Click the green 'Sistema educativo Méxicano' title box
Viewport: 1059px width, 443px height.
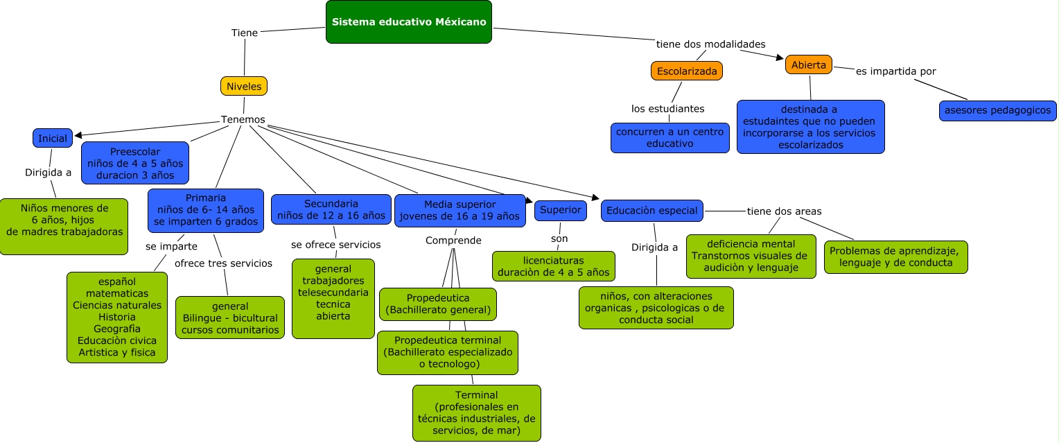pyautogui.click(x=409, y=22)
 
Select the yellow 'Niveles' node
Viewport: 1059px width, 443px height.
pyautogui.click(x=244, y=86)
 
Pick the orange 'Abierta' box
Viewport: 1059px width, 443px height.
pyautogui.click(x=808, y=65)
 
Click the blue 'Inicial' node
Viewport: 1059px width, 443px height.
pyautogui.click(x=53, y=138)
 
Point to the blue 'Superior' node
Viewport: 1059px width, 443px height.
pyautogui.click(x=561, y=210)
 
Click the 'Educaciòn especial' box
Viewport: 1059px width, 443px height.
pyautogui.click(x=651, y=210)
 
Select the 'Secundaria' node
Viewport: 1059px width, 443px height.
pyautogui.click(x=331, y=209)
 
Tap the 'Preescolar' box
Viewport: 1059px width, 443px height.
pyautogui.click(x=135, y=163)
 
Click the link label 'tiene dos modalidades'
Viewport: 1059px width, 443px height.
pyautogui.click(x=710, y=44)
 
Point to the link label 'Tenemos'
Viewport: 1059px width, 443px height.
pyautogui.click(x=243, y=119)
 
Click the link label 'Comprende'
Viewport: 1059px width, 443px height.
pyautogui.click(x=453, y=241)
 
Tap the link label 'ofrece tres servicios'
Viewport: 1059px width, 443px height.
pyautogui.click(x=223, y=263)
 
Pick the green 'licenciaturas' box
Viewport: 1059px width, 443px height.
pyautogui.click(x=553, y=266)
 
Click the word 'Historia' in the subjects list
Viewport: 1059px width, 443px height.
pyautogui.click(x=117, y=317)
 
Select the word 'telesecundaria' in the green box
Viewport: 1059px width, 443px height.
pyautogui.click(x=333, y=292)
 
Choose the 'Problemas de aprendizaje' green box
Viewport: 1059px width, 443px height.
pyautogui.click(x=895, y=257)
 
